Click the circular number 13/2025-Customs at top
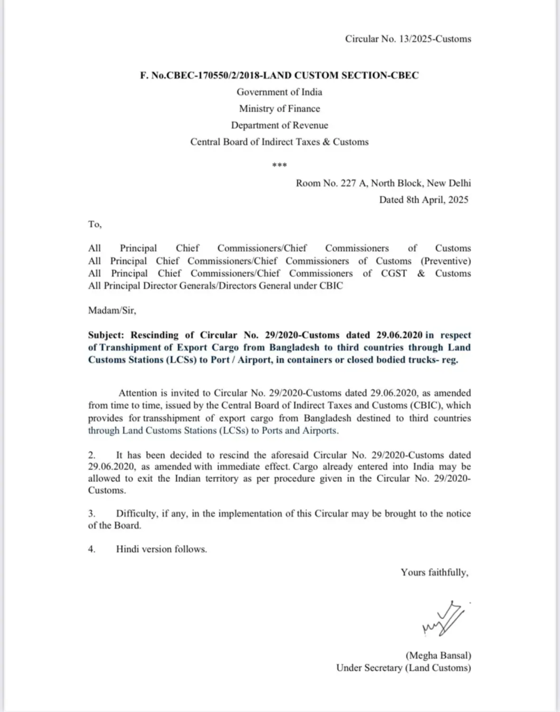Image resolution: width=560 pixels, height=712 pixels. (408, 38)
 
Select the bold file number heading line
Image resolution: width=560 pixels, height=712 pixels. (279, 76)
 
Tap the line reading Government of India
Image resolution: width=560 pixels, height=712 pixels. (279, 92)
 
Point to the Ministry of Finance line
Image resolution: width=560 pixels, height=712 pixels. (279, 108)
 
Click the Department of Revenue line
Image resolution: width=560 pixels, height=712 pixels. (279, 125)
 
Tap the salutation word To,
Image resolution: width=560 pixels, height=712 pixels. (95, 225)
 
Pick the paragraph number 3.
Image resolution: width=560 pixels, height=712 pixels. (91, 513)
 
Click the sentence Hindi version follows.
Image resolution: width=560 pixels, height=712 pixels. (161, 549)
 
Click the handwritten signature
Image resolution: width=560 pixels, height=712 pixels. (441, 619)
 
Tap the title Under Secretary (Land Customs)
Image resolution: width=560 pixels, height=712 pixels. (403, 668)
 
